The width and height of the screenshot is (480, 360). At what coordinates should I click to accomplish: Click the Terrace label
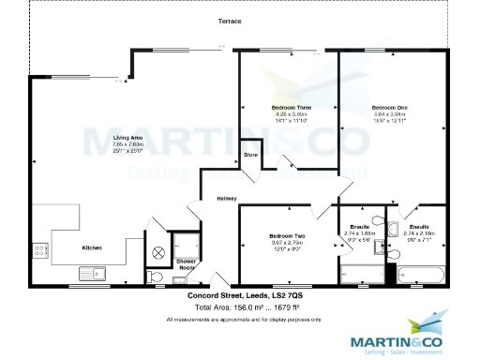pos(230,21)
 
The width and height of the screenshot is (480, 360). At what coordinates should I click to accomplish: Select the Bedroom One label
pos(389,108)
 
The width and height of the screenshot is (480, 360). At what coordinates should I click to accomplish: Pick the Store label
pos(250,154)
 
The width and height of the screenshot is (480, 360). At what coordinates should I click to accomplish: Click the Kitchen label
pos(92,247)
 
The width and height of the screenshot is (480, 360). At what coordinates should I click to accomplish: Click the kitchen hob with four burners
pos(41,250)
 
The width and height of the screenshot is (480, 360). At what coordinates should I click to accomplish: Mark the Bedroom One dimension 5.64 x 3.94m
pos(389,114)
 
